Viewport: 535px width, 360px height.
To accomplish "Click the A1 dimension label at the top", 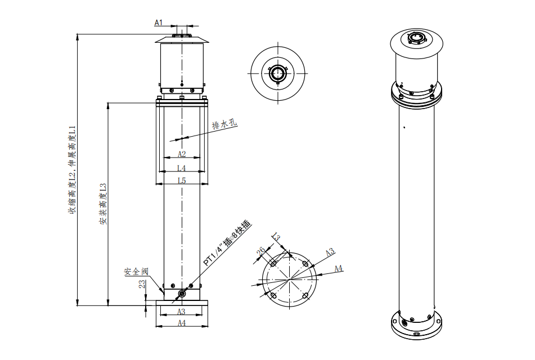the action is pos(158,23).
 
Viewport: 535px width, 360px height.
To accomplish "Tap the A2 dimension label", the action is pos(182,154).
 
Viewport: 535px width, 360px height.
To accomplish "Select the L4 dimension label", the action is pos(182,168).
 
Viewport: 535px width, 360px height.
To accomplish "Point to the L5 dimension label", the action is pos(182,181).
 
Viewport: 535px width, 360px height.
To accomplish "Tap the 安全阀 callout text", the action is pos(136,272).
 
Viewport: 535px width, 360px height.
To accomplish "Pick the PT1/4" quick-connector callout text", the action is pos(227,243).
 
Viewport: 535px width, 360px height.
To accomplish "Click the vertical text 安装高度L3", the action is pos(103,204).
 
